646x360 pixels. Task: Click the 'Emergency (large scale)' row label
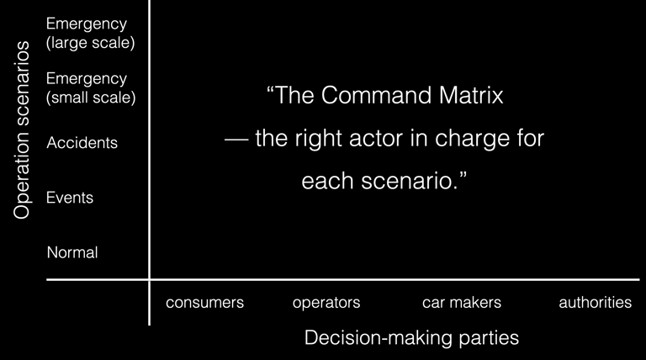pos(90,33)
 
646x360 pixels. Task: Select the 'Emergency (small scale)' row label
pos(91,87)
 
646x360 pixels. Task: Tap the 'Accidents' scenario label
pos(82,142)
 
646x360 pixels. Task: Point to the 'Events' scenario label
pos(70,198)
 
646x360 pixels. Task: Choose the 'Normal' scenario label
pos(72,252)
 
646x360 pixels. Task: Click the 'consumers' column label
pos(204,302)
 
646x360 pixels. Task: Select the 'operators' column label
pos(326,303)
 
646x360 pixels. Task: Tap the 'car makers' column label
pos(462,302)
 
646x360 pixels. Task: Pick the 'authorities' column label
pos(595,302)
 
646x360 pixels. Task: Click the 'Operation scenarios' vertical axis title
pos(21,130)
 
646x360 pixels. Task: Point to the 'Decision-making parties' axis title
pos(411,338)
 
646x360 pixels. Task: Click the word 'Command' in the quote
pos(376,95)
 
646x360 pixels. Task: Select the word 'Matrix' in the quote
pos(471,95)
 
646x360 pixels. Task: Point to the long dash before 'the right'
pos(236,140)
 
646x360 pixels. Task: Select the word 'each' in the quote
pos(327,181)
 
